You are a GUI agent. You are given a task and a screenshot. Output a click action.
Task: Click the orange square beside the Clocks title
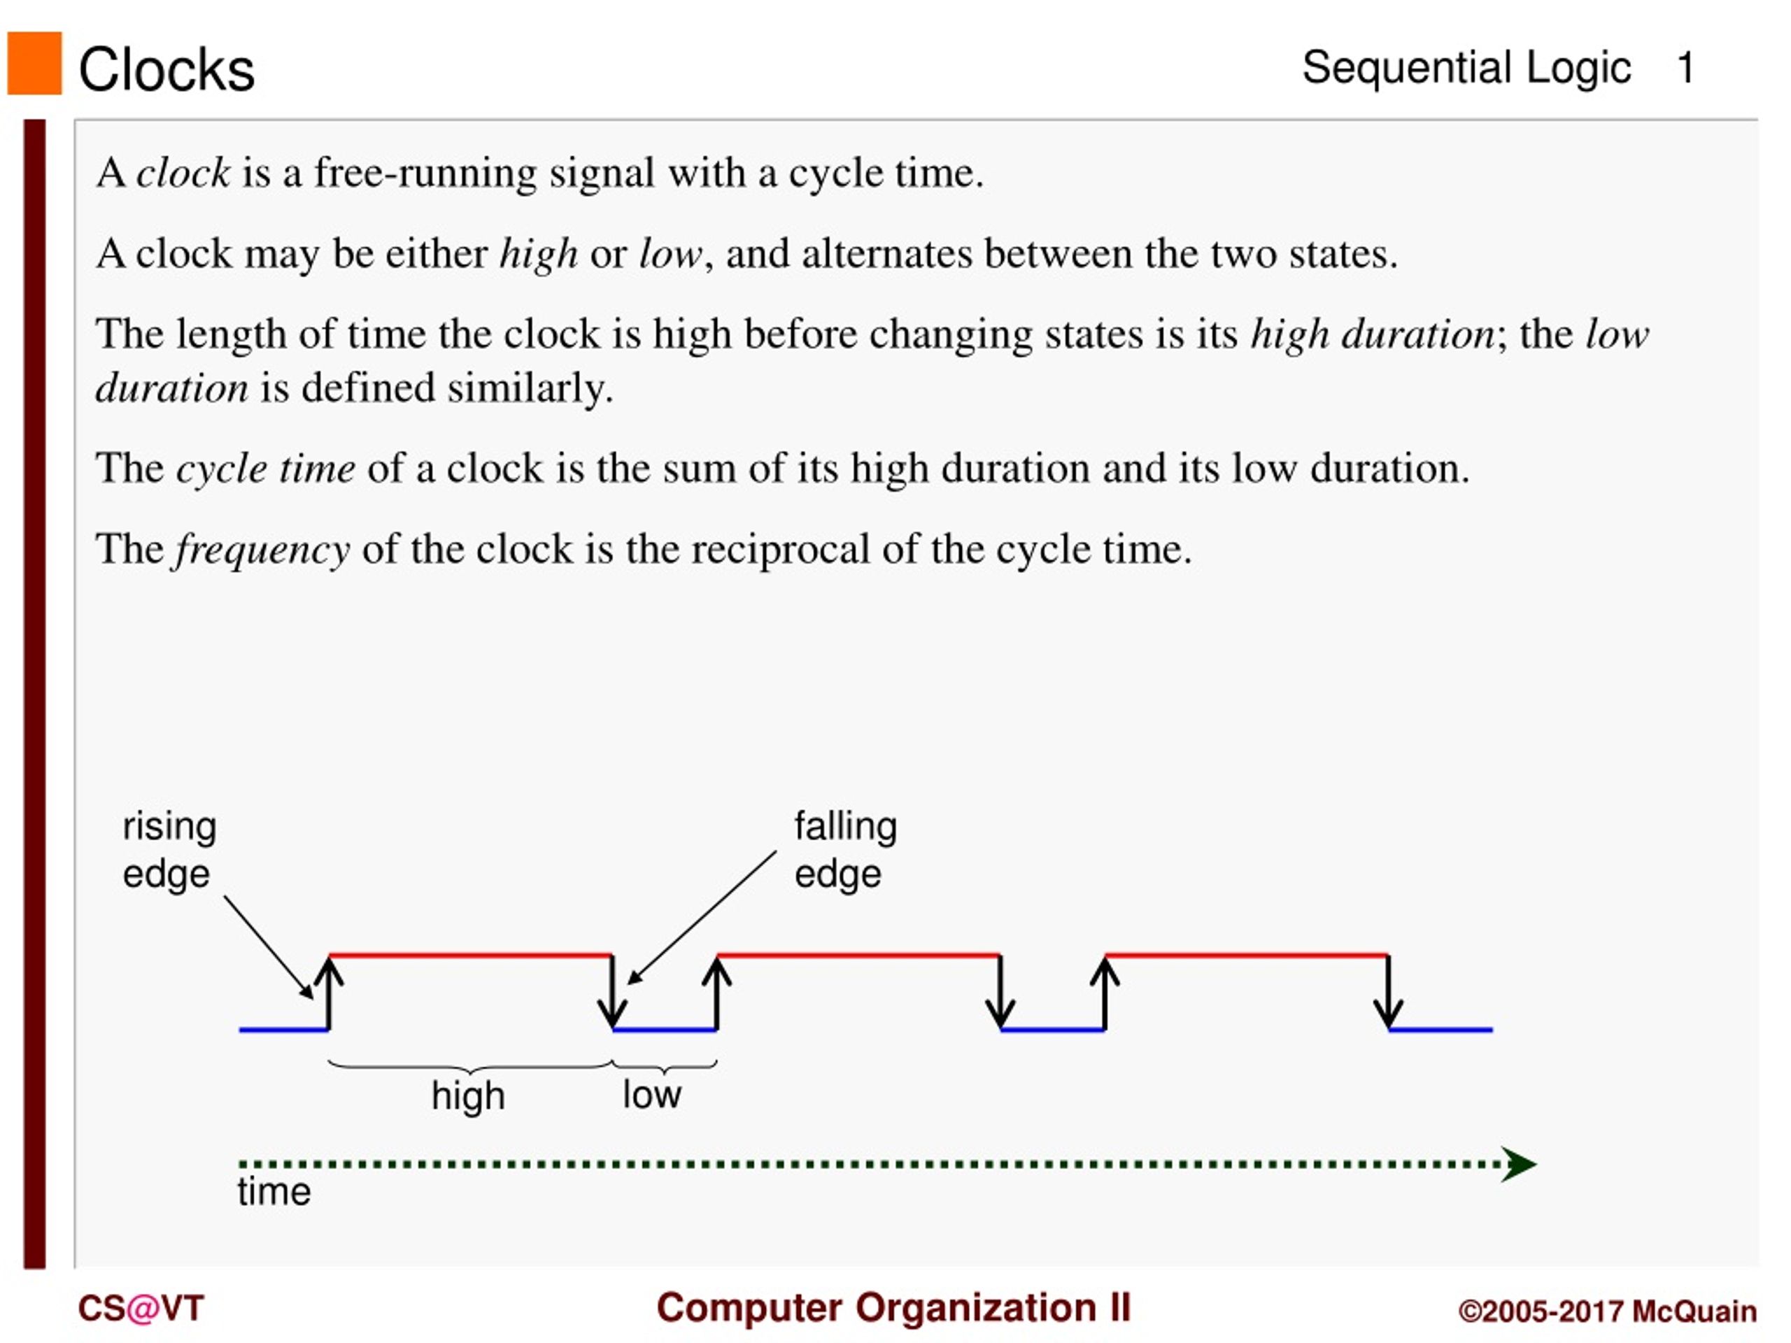click(x=35, y=63)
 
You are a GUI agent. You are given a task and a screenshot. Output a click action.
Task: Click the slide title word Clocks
click(x=167, y=70)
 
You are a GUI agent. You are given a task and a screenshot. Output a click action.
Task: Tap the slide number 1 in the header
click(x=1686, y=68)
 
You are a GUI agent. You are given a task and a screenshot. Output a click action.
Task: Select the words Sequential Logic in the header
click(x=1466, y=68)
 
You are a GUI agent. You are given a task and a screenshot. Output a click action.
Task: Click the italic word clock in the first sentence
click(x=183, y=173)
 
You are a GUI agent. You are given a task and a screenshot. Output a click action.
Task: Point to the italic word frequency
click(x=262, y=550)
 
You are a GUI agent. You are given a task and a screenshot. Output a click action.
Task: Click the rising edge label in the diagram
click(x=169, y=850)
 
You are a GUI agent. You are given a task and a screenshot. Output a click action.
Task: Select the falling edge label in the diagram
click(x=845, y=850)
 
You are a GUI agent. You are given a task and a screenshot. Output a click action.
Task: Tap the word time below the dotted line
click(x=274, y=1192)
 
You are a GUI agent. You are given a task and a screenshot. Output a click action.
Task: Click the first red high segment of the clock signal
click(x=470, y=955)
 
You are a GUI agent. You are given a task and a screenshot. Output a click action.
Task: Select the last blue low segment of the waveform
click(x=1440, y=1030)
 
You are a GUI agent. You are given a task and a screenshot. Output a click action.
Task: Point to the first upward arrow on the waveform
click(x=329, y=993)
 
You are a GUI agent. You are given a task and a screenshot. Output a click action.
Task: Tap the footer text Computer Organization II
click(x=893, y=1308)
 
